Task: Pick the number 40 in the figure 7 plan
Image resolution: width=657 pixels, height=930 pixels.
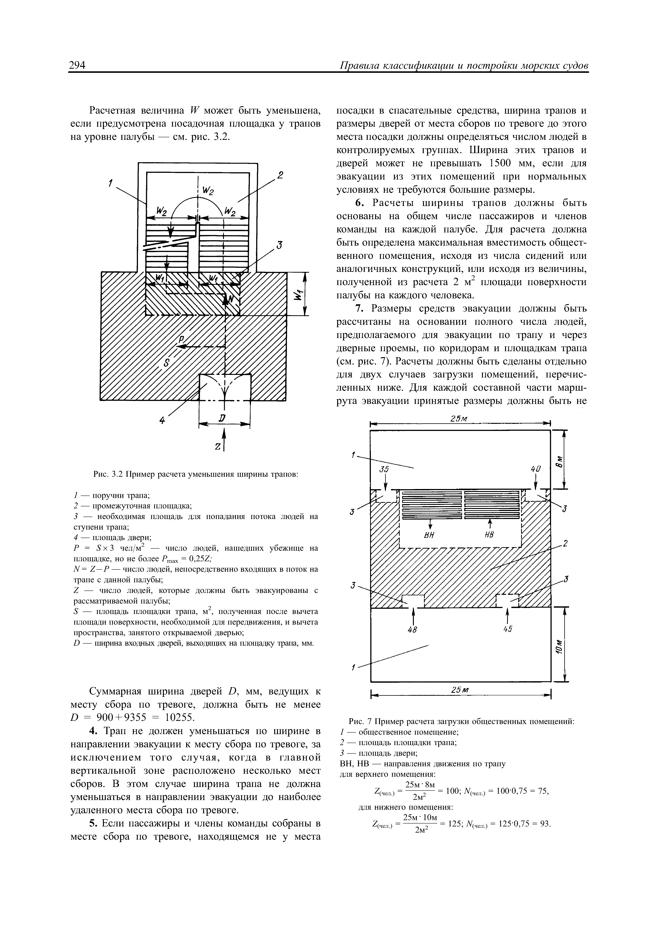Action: pos(535,469)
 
